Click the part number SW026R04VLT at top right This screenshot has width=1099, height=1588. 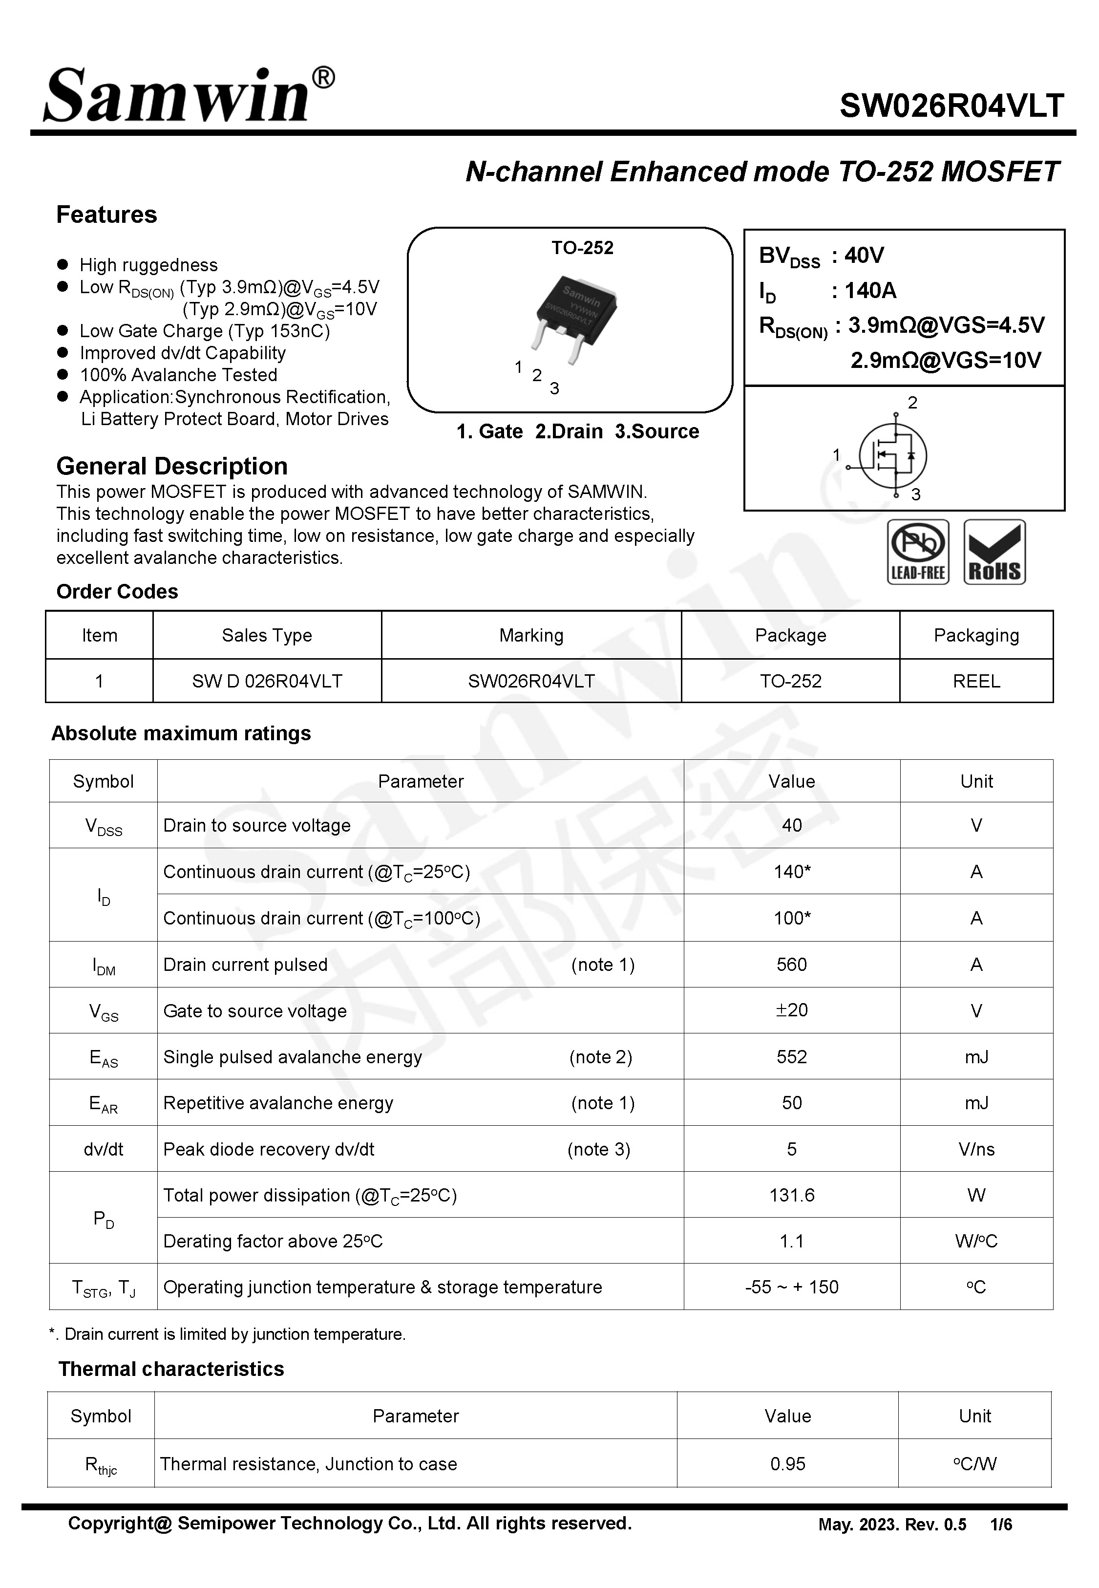pos(951,106)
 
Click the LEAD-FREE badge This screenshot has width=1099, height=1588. pos(918,552)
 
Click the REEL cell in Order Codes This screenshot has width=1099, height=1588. pos(976,681)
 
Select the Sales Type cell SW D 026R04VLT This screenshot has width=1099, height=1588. pos(267,681)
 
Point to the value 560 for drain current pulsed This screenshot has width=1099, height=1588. pos(791,964)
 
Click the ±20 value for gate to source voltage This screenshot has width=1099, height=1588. pos(791,1010)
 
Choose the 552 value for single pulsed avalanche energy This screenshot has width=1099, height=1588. pos(791,1056)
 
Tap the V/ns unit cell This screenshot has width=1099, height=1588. pos(976,1149)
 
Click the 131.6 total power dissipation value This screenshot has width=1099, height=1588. pos(791,1195)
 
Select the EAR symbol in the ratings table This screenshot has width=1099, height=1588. pos(103,1103)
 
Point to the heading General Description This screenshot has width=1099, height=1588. pos(171,466)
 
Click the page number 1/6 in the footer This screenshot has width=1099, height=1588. pos(1000,1524)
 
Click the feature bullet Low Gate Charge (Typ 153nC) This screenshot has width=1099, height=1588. pos(205,331)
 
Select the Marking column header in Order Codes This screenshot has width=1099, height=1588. pos(531,635)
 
